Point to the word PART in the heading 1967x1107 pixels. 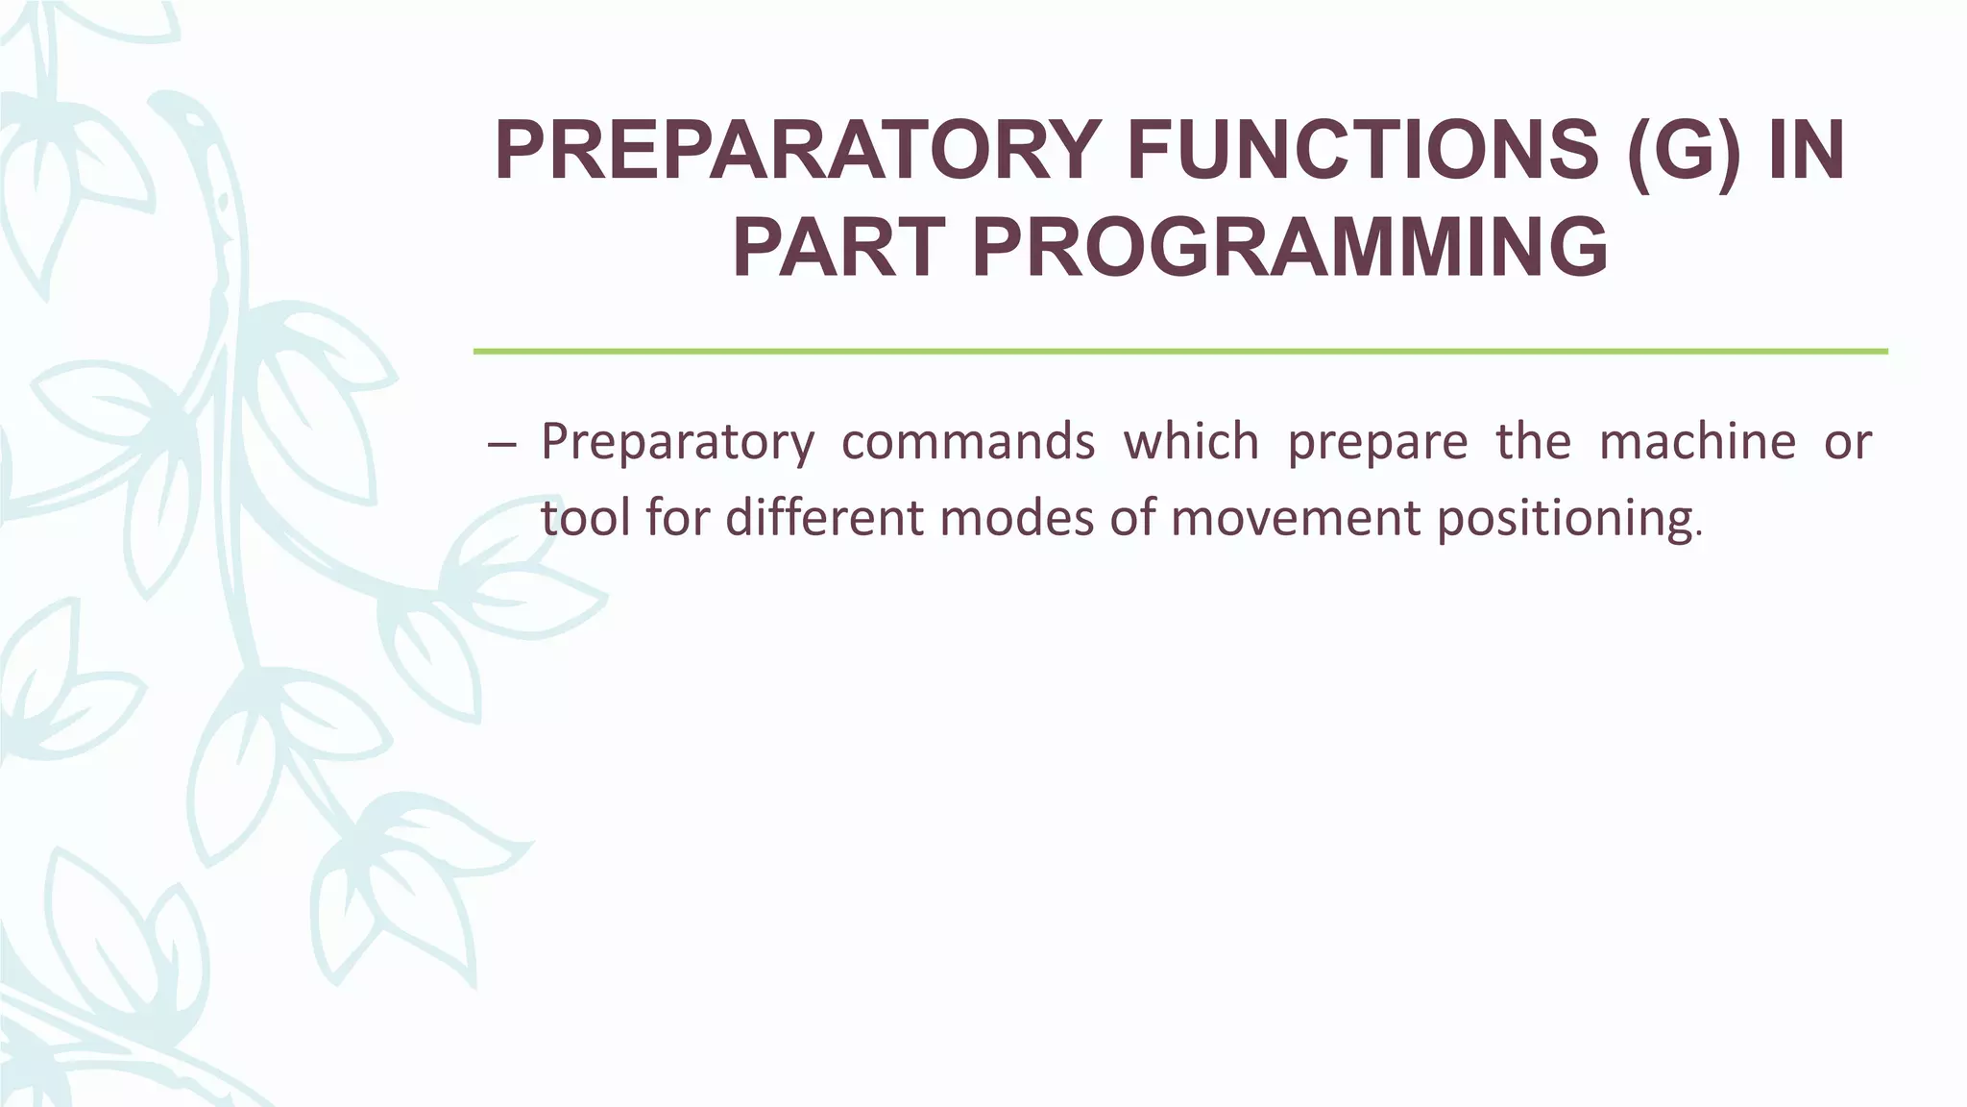click(839, 249)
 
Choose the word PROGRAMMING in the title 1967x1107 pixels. click(1290, 249)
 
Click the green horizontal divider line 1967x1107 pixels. click(1179, 352)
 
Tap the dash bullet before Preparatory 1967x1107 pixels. click(501, 444)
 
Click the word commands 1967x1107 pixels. click(968, 442)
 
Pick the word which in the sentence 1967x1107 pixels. click(1191, 442)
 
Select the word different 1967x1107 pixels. click(825, 518)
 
